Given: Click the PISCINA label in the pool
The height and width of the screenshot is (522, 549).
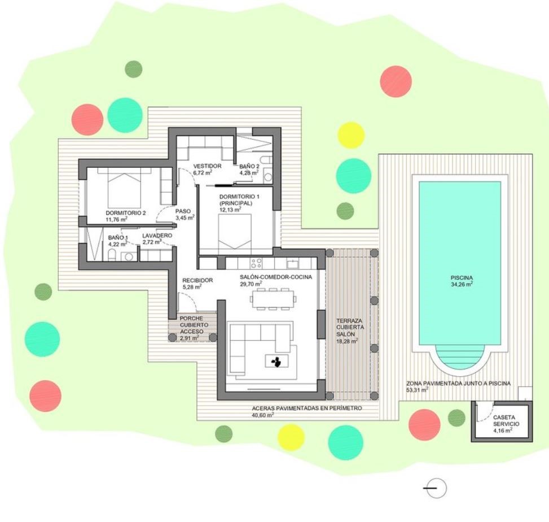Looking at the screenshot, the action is [462, 278].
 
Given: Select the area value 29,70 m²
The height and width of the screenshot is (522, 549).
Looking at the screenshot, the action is [251, 284].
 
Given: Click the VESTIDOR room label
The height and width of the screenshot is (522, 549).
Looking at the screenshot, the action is [207, 166].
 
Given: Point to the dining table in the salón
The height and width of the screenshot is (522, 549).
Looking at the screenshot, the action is [273, 299].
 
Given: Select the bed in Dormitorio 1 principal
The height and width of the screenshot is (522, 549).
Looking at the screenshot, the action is [235, 231].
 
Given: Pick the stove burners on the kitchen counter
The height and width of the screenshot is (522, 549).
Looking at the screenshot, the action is [257, 263].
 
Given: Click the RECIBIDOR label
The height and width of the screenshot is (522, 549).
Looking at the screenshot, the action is [197, 280].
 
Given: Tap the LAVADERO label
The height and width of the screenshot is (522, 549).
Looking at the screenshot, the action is [157, 235].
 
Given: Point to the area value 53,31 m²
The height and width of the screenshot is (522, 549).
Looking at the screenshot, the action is [418, 390].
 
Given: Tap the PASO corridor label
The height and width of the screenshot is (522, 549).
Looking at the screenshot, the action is [183, 211].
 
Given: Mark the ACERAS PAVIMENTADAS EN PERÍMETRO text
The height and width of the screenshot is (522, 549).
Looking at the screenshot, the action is [307, 408].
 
